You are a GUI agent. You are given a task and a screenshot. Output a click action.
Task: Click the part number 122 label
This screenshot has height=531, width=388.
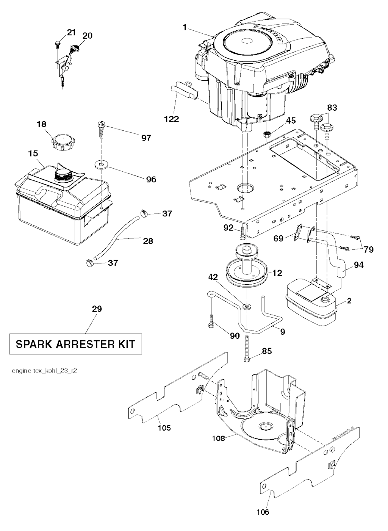(x=172, y=119)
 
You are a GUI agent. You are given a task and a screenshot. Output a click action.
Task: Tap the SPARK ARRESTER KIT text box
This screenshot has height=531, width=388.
(x=75, y=344)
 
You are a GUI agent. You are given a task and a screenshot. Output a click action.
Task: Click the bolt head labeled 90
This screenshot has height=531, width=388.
(x=211, y=325)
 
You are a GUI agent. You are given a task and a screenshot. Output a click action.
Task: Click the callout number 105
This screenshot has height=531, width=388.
(x=164, y=428)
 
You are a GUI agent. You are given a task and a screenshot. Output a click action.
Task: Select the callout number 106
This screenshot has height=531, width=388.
(x=263, y=512)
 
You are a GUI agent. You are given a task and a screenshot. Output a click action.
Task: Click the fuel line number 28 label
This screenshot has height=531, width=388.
(x=148, y=241)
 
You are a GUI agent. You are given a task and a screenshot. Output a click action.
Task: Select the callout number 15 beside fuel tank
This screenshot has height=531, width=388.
(x=33, y=154)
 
